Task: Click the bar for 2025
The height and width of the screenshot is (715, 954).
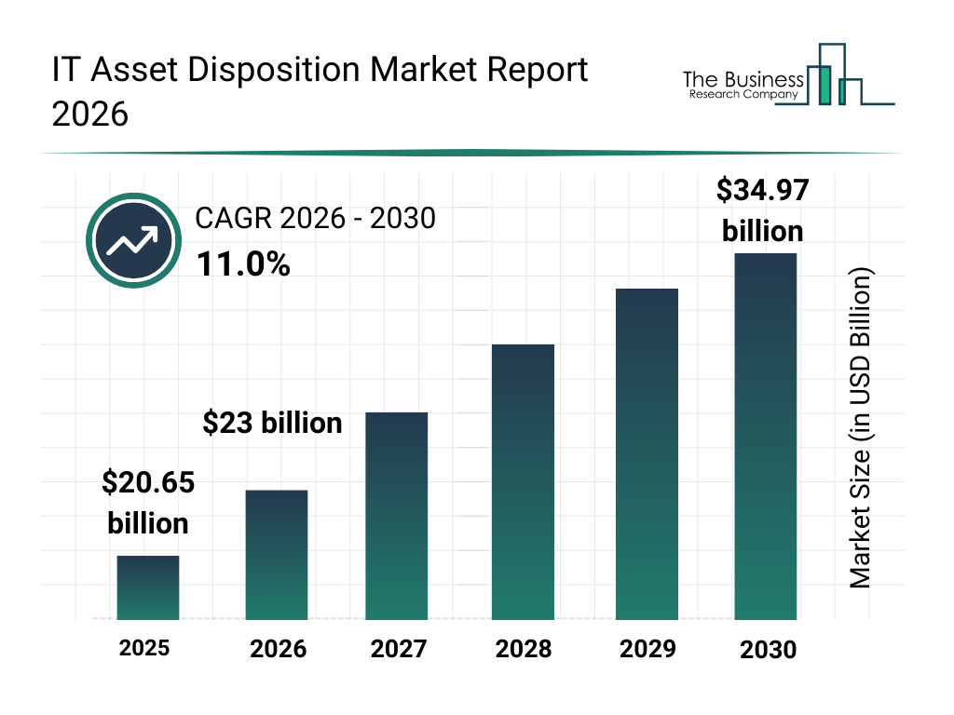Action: pyautogui.click(x=148, y=587)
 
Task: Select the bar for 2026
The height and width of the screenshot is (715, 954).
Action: pyautogui.click(x=277, y=555)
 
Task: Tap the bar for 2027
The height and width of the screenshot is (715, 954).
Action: pyautogui.click(x=397, y=516)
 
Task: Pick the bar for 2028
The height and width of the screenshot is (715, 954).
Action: pyautogui.click(x=523, y=482)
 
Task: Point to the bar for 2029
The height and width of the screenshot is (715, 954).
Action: pyautogui.click(x=647, y=454)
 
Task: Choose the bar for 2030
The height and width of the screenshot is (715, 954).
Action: pyautogui.click(x=766, y=436)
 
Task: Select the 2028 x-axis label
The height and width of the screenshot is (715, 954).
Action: pyautogui.click(x=524, y=649)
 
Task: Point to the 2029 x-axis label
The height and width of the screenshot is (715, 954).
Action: pyautogui.click(x=647, y=648)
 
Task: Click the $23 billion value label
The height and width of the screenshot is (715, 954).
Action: pyautogui.click(x=273, y=424)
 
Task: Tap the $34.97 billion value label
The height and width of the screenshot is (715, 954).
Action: pyautogui.click(x=762, y=210)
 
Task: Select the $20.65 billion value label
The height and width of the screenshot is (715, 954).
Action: pyautogui.click(x=148, y=503)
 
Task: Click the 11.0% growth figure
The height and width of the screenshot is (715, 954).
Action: pyautogui.click(x=243, y=265)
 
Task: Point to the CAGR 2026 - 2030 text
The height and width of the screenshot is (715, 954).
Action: pyautogui.click(x=316, y=219)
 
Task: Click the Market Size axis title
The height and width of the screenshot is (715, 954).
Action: pyautogui.click(x=860, y=429)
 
